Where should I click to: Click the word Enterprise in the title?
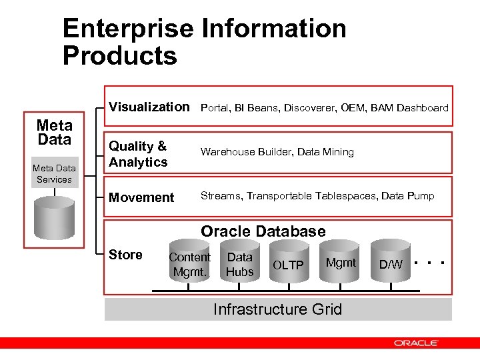[x=127, y=29]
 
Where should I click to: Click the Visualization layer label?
[x=149, y=107]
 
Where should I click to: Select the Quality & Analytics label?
[x=138, y=154]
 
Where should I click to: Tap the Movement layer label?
[x=141, y=197]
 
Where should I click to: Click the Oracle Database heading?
[x=263, y=231]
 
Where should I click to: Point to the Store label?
[x=125, y=255]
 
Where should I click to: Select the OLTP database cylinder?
[x=288, y=265]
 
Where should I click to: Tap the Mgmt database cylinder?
[x=341, y=264]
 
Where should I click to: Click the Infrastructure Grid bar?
[x=277, y=309]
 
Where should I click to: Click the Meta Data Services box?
[x=54, y=174]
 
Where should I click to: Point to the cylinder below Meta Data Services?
[x=55, y=213]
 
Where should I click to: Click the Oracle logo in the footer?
[x=415, y=343]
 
